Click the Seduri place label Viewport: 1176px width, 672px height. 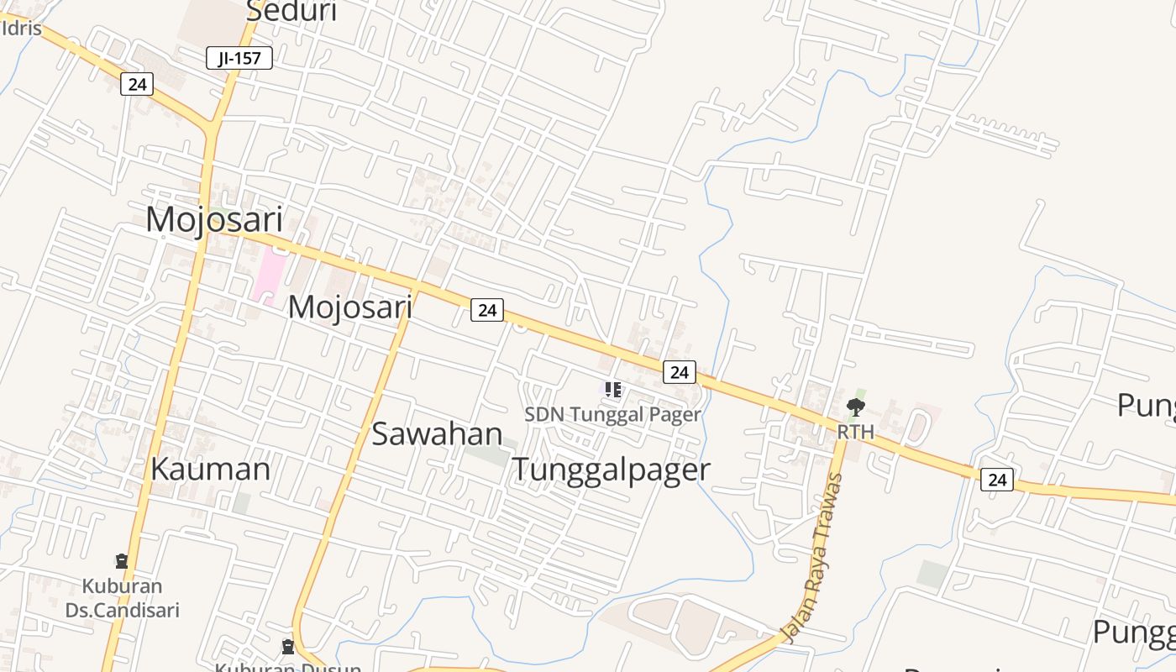point(291,12)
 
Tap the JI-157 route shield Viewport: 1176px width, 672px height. point(239,58)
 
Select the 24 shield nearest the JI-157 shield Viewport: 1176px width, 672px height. point(137,84)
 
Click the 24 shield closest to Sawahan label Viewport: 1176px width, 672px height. point(486,310)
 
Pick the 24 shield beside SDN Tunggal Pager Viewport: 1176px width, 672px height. point(679,371)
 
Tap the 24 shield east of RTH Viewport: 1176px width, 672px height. point(996,480)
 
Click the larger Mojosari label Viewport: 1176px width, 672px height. point(214,219)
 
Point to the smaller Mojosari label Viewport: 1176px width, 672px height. point(350,307)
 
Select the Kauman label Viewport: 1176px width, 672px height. point(211,469)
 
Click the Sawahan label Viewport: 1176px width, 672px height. point(437,433)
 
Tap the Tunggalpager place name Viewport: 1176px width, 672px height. point(612,469)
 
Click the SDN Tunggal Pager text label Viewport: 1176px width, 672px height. point(612,414)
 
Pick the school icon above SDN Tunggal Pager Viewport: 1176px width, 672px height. point(613,389)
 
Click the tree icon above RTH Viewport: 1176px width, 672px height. point(856,408)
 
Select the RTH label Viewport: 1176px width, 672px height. point(856,432)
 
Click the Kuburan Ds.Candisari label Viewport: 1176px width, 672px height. point(123,598)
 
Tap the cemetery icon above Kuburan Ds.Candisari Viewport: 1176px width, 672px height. point(122,560)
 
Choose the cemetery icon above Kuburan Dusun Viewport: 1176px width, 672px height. point(288,646)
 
